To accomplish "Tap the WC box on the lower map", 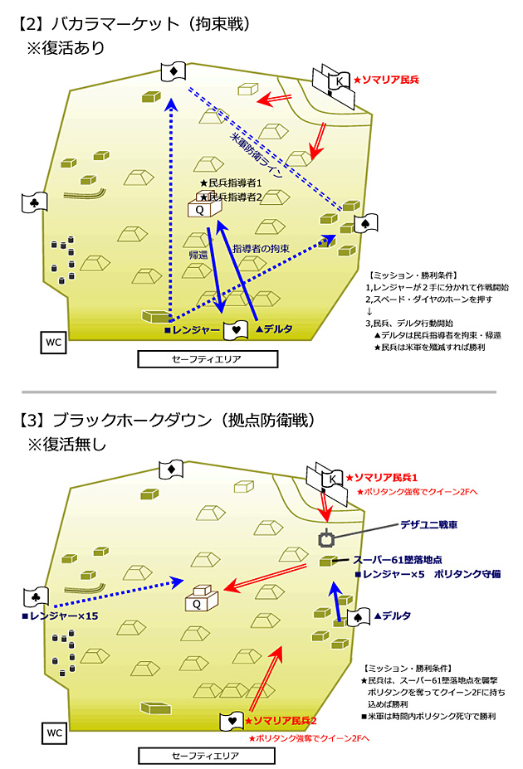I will coord(53,733).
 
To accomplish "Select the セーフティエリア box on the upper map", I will coord(207,359).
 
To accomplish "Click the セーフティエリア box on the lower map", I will coord(207,756).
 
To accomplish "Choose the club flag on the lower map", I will coord(37,596).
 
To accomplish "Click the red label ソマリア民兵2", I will coord(282,721).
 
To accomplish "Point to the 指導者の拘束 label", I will coord(261,248).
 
